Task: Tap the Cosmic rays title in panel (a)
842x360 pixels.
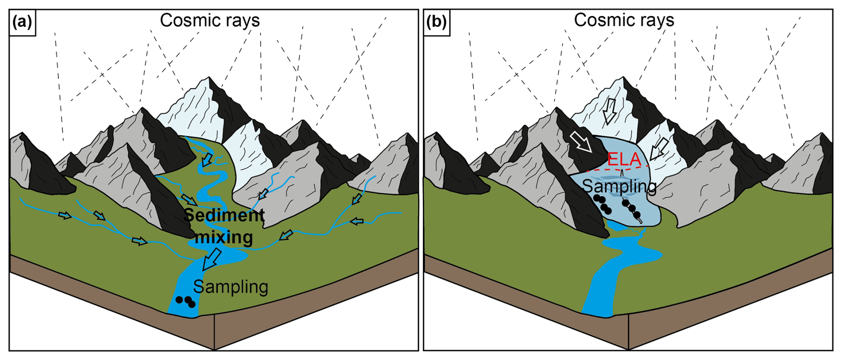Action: point(210,20)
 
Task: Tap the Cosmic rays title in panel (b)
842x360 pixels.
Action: point(624,20)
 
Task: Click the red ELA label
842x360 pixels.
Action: point(624,159)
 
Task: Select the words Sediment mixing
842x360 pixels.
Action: point(224,226)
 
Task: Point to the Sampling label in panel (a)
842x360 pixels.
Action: point(231,287)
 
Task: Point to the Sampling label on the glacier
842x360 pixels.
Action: point(619,186)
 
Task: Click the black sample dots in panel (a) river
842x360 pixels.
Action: point(186,301)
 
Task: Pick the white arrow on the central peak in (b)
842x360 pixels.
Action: point(609,111)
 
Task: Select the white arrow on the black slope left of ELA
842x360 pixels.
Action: point(581,141)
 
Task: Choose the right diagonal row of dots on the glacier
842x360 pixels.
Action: point(632,210)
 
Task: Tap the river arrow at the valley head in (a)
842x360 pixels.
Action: point(206,160)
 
